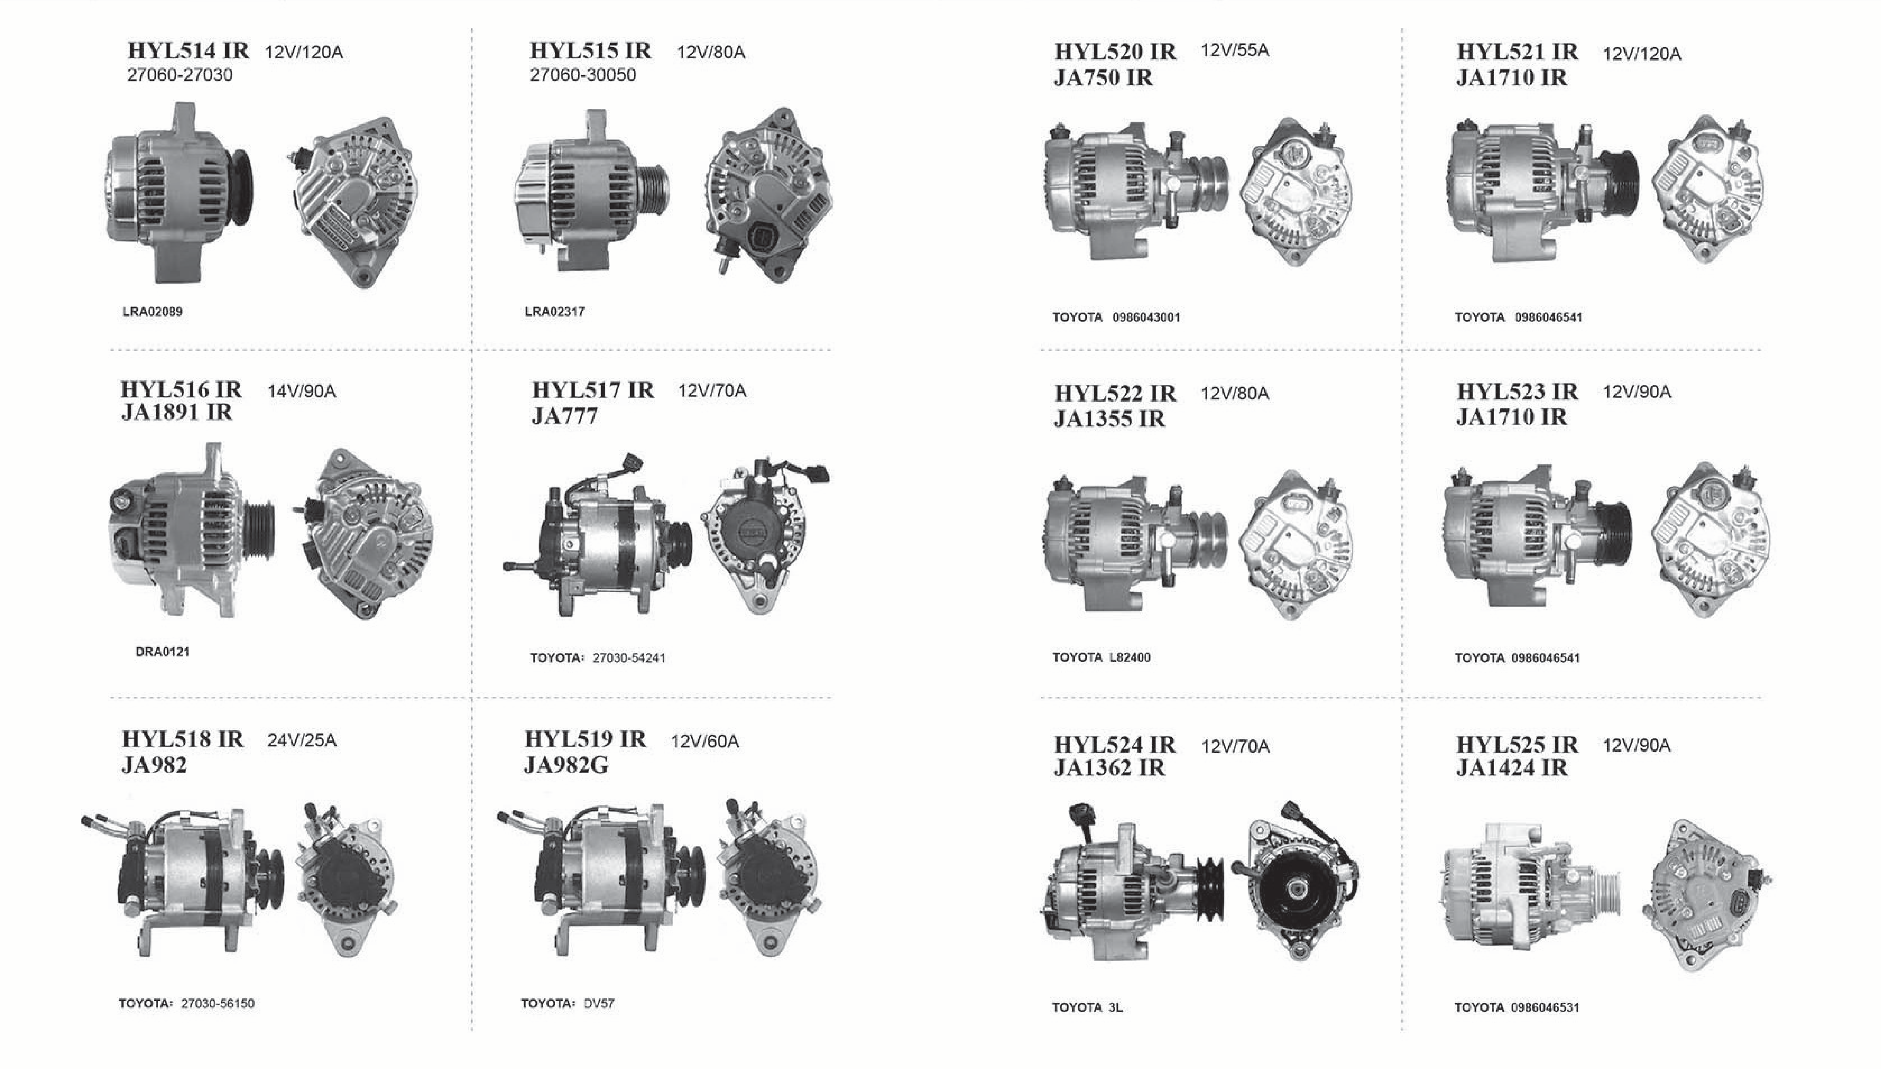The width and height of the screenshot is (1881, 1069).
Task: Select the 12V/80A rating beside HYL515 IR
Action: coord(711,52)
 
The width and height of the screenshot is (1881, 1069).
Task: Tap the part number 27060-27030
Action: coord(180,75)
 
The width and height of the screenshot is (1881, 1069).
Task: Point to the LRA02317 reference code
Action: coord(554,311)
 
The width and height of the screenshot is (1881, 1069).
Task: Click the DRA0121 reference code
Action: coord(162,651)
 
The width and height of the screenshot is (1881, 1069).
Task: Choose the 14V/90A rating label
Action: coord(302,391)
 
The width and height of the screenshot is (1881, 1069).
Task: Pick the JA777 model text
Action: coord(564,416)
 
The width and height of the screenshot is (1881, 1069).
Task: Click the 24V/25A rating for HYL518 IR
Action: coord(302,740)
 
